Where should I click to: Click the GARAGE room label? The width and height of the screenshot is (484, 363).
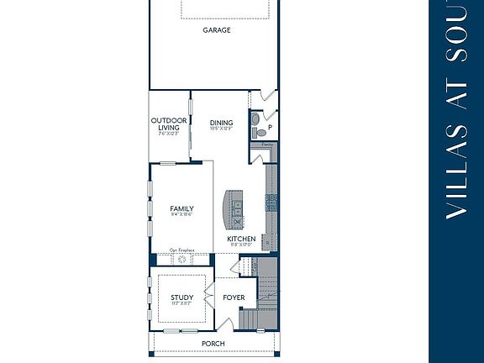click(216, 30)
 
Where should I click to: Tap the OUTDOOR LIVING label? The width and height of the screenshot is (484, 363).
click(168, 124)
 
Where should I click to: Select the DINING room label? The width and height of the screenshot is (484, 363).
click(221, 124)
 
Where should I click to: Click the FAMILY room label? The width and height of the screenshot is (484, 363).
click(181, 209)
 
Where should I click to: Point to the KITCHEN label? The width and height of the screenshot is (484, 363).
click(241, 239)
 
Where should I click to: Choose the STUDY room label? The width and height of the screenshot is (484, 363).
click(181, 297)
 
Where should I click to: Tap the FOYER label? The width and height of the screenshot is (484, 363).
click(234, 297)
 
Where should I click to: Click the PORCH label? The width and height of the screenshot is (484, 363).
click(213, 345)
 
